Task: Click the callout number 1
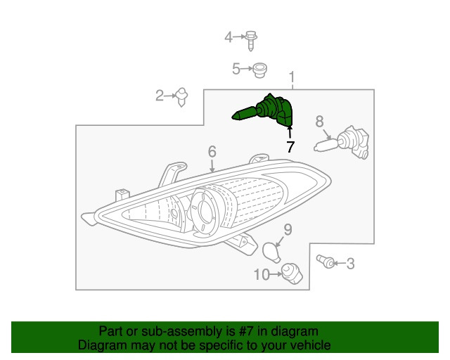(292, 77)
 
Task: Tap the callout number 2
(160, 96)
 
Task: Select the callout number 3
(350, 264)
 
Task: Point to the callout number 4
(229, 37)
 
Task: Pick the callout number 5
(236, 69)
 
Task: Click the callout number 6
(212, 151)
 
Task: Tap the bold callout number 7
(290, 147)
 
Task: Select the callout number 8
(319, 122)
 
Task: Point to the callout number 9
(288, 230)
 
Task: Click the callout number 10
(262, 275)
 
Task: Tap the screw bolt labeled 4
(251, 41)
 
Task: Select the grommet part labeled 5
(259, 70)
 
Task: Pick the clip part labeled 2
(181, 97)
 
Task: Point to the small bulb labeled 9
(271, 252)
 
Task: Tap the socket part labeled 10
(292, 274)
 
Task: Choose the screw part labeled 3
(326, 261)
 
